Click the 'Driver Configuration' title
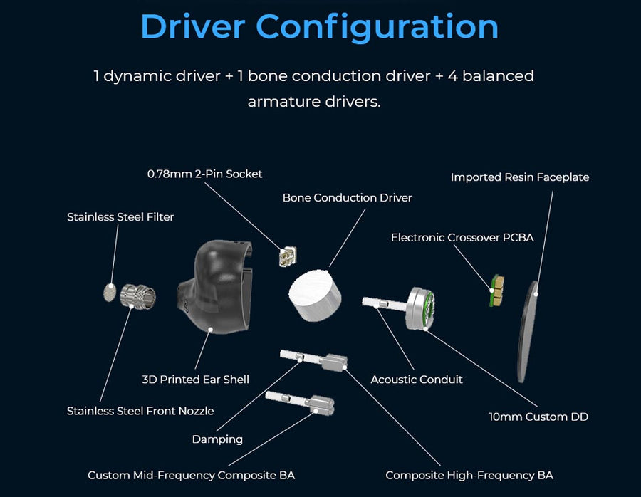319,26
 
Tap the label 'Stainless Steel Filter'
120,216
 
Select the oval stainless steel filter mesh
110,291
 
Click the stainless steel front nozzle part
137,296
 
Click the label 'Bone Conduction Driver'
347,197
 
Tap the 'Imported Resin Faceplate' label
520,177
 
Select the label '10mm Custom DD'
538,417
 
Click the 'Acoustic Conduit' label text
417,380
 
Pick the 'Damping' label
217,439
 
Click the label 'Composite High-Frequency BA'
469,475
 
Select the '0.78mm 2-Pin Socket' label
204,173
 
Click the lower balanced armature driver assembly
300,403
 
